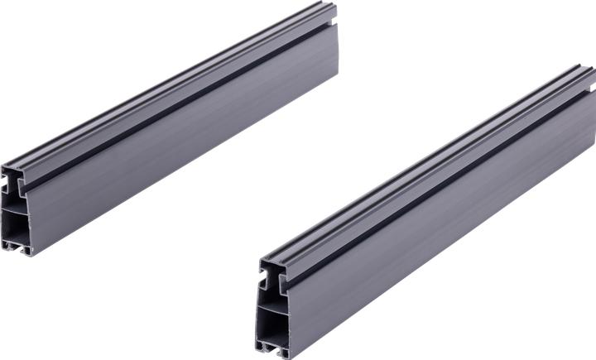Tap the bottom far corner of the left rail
point(336,78)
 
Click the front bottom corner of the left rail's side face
point(34,253)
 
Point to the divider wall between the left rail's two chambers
point(14,204)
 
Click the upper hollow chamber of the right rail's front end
point(268,278)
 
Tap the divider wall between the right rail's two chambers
point(269,298)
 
